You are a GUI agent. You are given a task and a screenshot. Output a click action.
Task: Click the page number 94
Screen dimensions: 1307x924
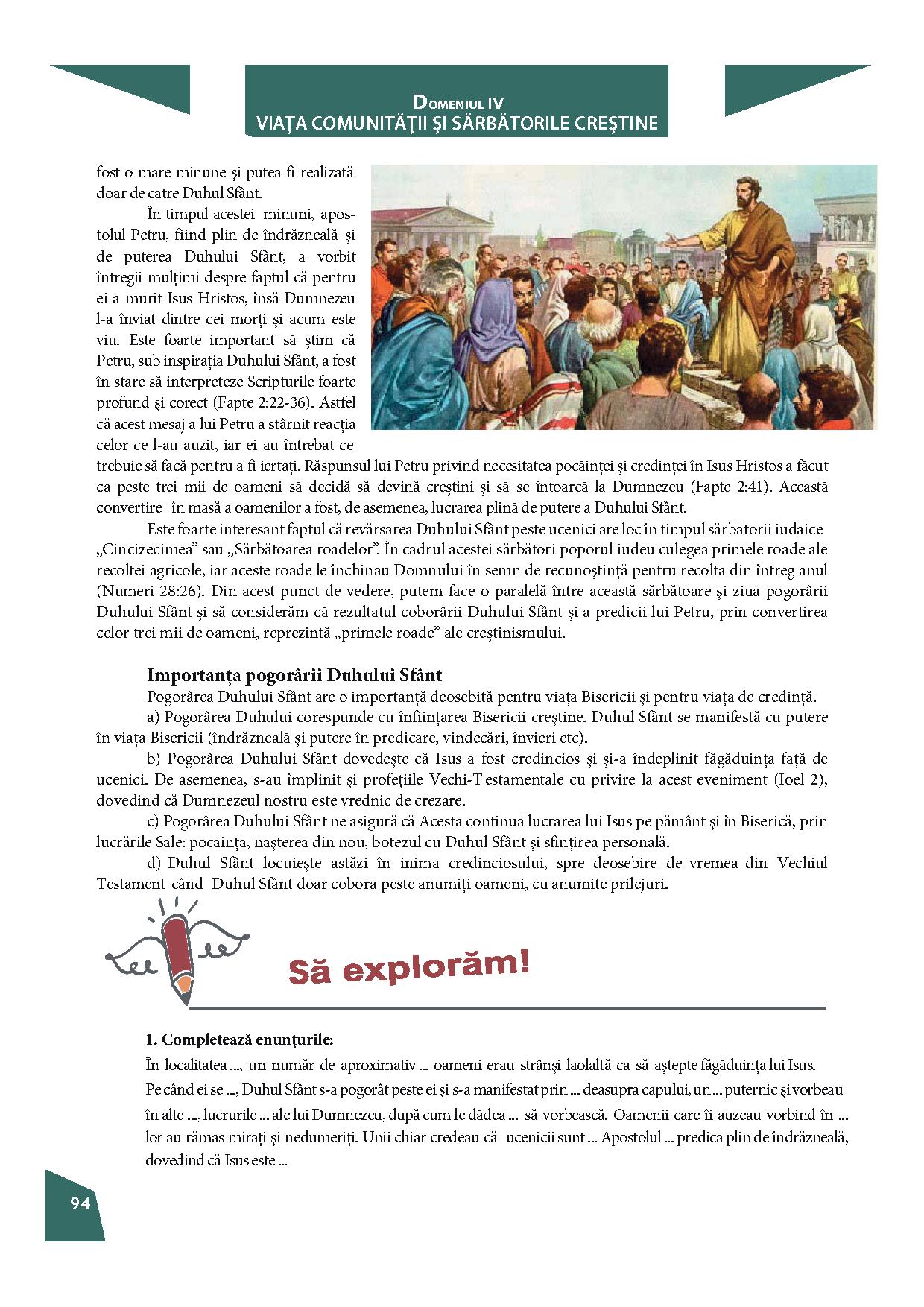80,1202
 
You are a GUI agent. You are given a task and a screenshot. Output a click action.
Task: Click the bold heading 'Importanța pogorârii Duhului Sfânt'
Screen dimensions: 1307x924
294,675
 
